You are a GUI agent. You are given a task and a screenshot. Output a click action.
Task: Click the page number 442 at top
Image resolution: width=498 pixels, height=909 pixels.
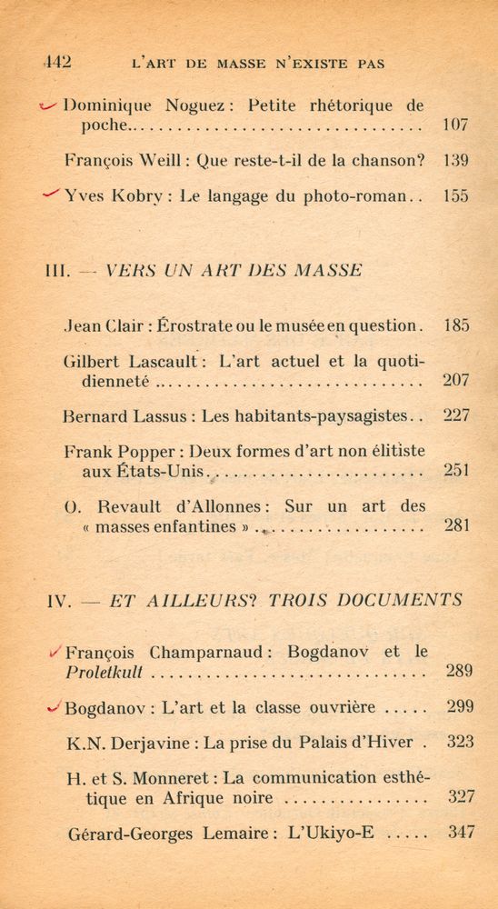point(57,64)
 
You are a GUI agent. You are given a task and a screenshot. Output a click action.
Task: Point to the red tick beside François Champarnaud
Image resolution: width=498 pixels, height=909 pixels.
point(55,651)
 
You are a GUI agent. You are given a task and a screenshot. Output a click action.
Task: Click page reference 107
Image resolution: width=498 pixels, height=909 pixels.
point(455,125)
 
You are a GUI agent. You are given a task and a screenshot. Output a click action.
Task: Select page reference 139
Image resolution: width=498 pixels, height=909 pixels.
point(455,161)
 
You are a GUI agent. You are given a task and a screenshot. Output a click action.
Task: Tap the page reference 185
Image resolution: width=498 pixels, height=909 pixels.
point(456,325)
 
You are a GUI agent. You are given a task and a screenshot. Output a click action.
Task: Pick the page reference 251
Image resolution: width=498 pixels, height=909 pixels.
point(456,471)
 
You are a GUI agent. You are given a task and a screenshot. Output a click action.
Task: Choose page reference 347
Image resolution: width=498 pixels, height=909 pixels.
point(461,832)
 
